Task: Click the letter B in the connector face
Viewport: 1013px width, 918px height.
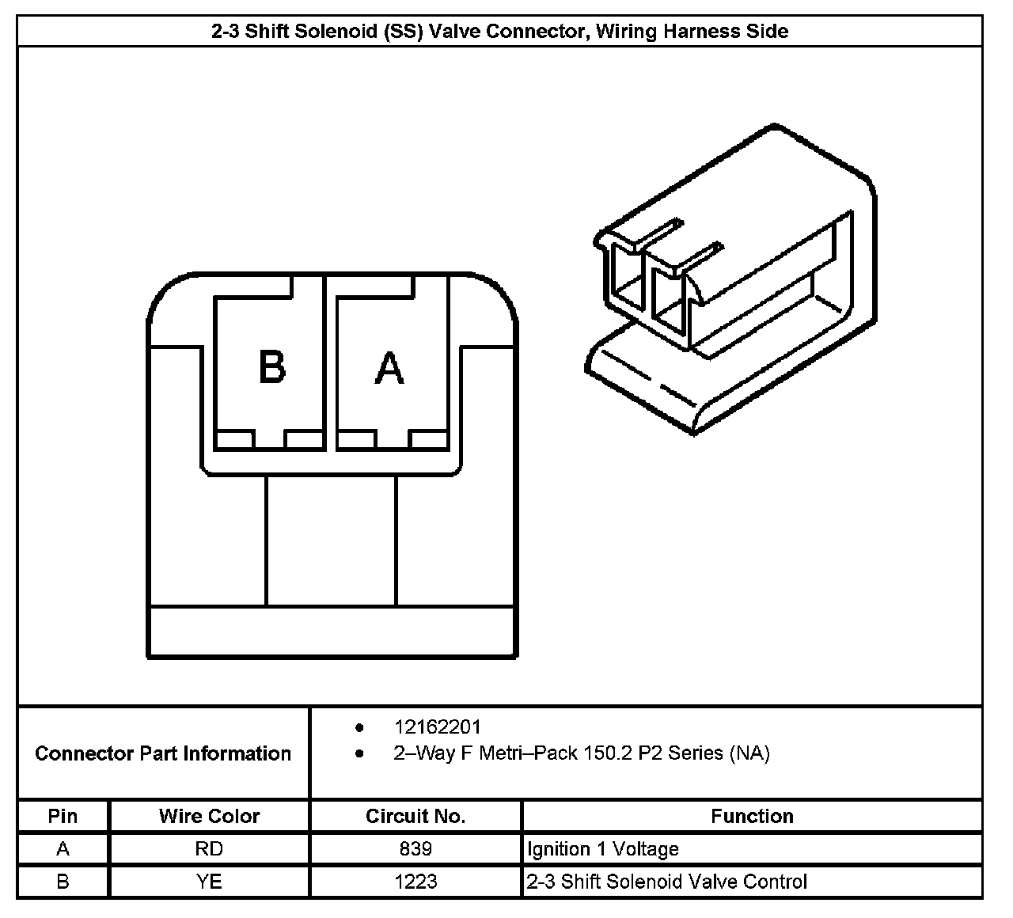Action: [272, 367]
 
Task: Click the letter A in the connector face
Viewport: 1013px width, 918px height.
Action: [389, 368]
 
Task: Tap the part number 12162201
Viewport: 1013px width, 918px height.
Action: [437, 726]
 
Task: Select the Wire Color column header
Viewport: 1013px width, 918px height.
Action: [209, 816]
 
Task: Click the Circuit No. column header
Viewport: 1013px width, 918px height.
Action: [415, 816]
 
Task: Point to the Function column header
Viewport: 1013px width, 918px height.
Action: [752, 816]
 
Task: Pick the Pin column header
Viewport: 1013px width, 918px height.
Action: [63, 816]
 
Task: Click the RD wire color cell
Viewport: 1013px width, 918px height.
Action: [209, 849]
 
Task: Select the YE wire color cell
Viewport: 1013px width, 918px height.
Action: [209, 882]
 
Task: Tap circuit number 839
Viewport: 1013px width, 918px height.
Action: [415, 849]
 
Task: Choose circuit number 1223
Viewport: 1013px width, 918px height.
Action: [415, 882]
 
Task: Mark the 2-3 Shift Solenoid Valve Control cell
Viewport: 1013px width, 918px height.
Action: [666, 882]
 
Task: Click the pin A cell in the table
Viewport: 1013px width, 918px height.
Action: [63, 849]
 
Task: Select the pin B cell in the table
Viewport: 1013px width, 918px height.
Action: [63, 882]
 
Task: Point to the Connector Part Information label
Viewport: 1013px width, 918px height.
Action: [163, 753]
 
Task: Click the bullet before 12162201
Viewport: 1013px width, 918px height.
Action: [360, 726]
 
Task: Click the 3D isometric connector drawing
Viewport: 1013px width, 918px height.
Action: [732, 285]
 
